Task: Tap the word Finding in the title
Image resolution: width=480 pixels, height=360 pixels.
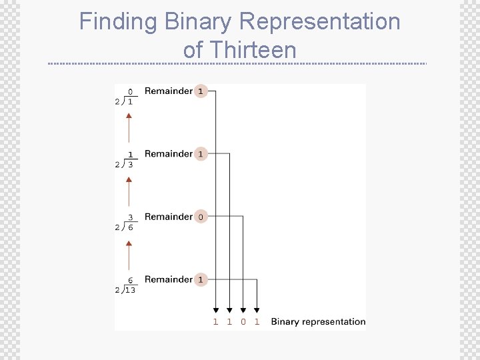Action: (118, 21)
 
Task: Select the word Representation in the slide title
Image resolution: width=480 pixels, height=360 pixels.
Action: (319, 21)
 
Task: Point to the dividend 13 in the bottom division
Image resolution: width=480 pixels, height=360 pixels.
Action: (129, 290)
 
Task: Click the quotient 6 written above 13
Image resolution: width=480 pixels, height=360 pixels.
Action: (130, 281)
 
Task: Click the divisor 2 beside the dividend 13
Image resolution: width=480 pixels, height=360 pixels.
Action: (117, 290)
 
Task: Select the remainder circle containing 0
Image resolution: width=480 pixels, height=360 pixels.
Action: (201, 217)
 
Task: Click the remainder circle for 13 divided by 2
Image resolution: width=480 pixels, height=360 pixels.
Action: (201, 279)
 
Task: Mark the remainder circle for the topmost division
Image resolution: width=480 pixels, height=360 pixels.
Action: (201, 91)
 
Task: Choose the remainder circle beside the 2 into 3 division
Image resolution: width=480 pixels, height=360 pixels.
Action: (201, 154)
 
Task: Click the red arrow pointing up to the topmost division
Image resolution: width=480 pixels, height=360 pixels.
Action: (129, 125)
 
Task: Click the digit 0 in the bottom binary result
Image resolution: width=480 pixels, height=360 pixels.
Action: (243, 321)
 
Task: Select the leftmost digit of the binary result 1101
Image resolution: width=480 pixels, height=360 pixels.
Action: (215, 321)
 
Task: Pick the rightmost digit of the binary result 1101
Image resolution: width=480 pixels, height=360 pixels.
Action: (257, 321)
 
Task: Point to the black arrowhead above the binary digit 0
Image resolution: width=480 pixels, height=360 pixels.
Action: (243, 309)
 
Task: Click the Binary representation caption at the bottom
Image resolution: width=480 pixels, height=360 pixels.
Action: (318, 321)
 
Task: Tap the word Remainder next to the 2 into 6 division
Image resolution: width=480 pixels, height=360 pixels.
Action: (168, 217)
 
